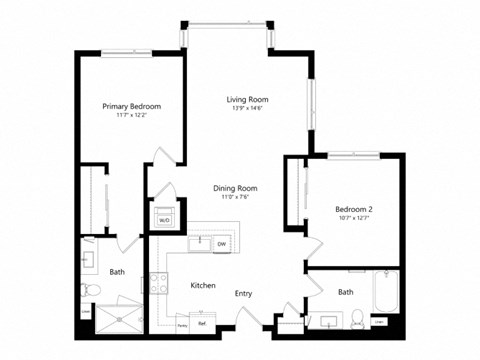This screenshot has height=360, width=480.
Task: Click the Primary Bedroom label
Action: (132, 106)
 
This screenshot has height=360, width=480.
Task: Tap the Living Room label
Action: (246, 99)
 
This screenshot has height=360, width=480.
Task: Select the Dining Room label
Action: (235, 188)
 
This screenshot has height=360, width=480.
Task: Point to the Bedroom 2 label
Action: (353, 208)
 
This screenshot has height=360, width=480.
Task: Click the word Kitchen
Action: (203, 286)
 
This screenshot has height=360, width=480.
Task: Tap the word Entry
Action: (243, 293)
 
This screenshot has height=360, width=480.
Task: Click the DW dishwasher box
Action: (221, 244)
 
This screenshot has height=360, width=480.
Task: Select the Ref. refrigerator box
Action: (202, 323)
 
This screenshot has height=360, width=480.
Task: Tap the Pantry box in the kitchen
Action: (182, 324)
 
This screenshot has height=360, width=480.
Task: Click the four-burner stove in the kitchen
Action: (158, 284)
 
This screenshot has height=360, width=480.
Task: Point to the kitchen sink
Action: (200, 243)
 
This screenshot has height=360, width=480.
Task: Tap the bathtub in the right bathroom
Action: (386, 294)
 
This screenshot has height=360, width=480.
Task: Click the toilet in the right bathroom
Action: (357, 320)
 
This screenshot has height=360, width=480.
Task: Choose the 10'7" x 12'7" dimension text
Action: (353, 218)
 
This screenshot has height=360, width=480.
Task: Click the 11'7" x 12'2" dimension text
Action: (132, 116)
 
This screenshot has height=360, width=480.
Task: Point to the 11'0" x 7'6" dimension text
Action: (235, 198)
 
